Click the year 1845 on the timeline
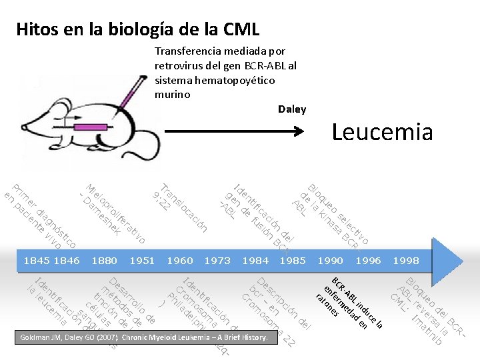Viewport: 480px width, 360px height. coord(36,261)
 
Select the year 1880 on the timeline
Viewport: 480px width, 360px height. coord(104,261)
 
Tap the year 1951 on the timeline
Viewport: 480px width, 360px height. coord(142,261)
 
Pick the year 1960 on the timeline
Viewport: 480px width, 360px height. coord(180,261)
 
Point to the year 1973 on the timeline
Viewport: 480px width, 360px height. coord(217,261)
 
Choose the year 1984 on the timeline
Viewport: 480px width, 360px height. coord(255,261)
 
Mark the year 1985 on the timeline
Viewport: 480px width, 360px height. coord(293,261)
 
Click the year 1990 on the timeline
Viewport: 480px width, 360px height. coord(331,261)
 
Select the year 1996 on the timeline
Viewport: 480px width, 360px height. coord(368,261)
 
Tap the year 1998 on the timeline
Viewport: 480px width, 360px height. coord(407,261)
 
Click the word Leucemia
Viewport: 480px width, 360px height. coord(382,132)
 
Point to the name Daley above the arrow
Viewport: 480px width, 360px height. coord(292,109)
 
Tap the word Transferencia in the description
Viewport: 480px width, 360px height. coord(186,51)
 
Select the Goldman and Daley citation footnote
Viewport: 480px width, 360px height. coord(143,338)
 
